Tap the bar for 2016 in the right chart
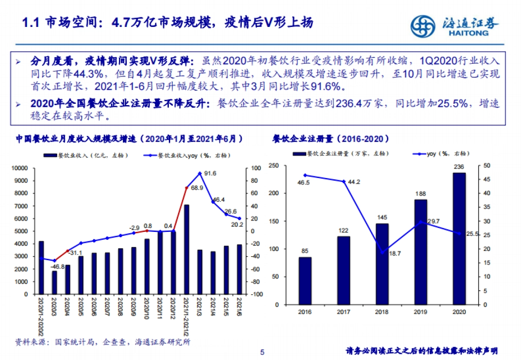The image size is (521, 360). click(305, 281)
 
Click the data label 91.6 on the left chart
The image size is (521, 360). click(210, 173)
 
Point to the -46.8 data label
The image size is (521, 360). click(56, 266)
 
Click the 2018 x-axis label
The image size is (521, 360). click(382, 312)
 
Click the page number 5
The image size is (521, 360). click(262, 352)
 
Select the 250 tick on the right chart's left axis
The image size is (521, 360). click(274, 165)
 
